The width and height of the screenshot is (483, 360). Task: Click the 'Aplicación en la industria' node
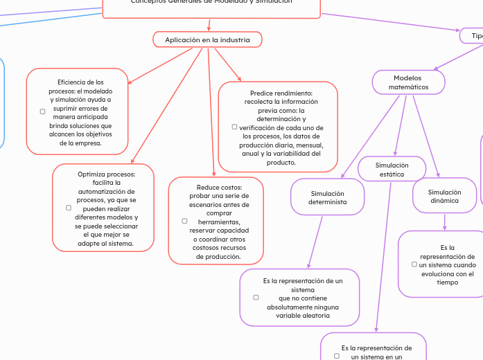click(207, 40)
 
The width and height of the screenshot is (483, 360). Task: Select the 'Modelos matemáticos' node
click(408, 82)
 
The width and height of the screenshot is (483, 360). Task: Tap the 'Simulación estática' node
click(392, 170)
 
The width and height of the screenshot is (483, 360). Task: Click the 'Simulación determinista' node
click(327, 197)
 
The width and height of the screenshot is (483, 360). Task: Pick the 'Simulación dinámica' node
click(444, 196)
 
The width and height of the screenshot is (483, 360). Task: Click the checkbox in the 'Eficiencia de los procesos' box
click(42, 111)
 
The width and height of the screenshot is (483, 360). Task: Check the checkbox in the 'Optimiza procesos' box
click(68, 207)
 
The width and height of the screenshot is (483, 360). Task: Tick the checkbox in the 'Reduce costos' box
click(184, 221)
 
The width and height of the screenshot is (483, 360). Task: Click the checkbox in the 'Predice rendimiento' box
click(234, 127)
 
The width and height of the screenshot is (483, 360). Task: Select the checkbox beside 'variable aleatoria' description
click(256, 297)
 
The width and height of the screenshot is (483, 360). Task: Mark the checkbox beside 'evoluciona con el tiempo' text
click(414, 264)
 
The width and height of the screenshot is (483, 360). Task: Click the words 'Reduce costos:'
click(219, 188)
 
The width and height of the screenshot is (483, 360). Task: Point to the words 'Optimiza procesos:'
click(107, 174)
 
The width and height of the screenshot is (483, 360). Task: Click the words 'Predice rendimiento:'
click(281, 93)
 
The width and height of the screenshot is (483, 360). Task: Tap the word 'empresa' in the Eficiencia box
click(86, 143)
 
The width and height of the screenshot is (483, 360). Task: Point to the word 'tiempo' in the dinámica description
click(447, 282)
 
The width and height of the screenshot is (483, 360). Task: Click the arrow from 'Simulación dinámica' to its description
click(444, 222)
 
